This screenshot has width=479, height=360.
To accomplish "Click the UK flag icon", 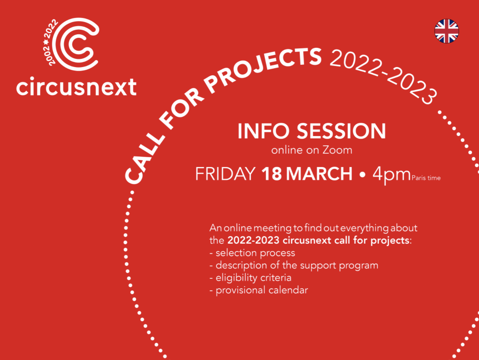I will pos(447,31).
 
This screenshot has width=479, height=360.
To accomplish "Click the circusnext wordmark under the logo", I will pos(76,87).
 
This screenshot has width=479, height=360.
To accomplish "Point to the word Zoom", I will pos(338,150).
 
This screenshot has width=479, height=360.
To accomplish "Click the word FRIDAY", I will pos(225,174).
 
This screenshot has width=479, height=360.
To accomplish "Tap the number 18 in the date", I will pos(272,174).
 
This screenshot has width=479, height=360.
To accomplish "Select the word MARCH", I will pos(319,174).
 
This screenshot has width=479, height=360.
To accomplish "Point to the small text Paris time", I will pos(426,178).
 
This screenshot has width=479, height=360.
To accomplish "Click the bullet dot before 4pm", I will pos(362,175).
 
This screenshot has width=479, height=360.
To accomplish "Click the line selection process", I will pos(252,253).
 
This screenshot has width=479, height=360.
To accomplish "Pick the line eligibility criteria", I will pos(250,278).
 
